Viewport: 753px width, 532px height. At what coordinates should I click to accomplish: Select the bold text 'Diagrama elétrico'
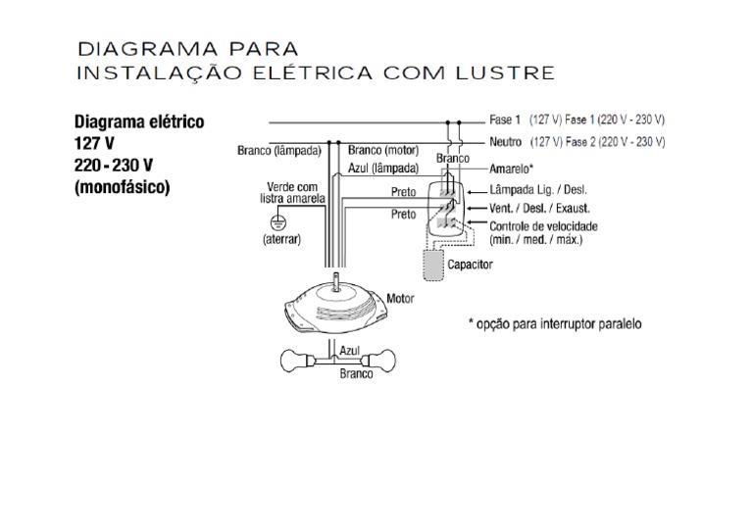139,122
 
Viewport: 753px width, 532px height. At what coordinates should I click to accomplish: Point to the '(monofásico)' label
123,185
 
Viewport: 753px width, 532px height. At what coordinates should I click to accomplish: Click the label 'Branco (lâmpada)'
278,151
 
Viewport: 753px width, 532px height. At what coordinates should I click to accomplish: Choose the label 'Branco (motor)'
382,151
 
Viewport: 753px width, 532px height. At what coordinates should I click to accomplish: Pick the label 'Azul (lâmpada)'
383,168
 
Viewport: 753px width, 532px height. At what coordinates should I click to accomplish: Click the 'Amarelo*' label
512,169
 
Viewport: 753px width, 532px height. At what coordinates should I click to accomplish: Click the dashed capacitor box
432,265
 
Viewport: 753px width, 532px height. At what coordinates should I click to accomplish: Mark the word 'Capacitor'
470,265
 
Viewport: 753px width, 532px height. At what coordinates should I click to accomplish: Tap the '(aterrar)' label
281,239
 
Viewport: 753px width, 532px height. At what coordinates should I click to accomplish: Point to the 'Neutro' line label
505,142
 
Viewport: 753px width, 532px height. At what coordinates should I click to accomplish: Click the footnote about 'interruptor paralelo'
556,323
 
